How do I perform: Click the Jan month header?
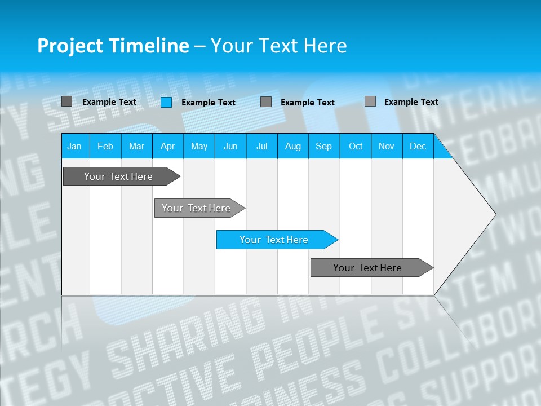pos(74,146)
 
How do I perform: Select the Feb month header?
pos(105,146)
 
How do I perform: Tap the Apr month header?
pos(167,146)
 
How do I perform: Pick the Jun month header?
pos(230,146)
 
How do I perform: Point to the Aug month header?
pos(292,146)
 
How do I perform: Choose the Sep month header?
pos(323,146)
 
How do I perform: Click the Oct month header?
pos(356,146)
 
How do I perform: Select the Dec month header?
pos(418,146)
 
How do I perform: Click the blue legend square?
pos(166,102)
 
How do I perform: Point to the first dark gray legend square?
pos(66,101)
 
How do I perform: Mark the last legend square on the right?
pos(370,101)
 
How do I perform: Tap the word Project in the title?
pos(68,46)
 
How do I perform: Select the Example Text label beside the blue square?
pos(209,103)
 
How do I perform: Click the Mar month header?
pos(136,146)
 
